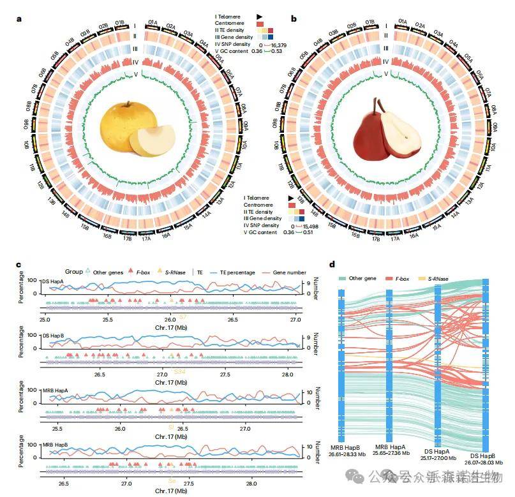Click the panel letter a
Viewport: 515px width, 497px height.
pos(20,19)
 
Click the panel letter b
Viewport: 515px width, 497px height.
pos(294,19)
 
